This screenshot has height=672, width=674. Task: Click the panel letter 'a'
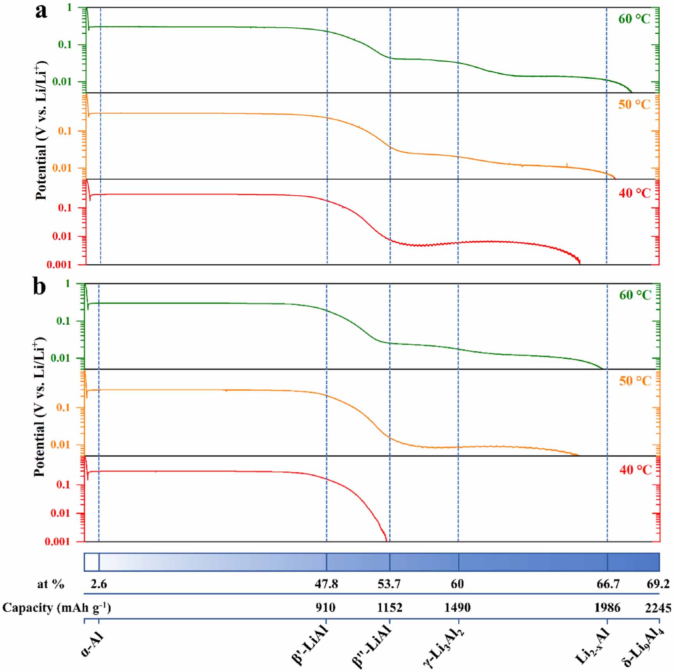coord(41,12)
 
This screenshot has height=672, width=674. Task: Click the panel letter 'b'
coord(39,287)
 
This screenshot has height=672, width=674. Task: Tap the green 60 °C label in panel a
coord(634,19)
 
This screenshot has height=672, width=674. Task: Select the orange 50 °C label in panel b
coord(635,381)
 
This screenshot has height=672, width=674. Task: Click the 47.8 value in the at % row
coord(326,584)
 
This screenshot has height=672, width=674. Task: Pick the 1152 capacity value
coord(390,608)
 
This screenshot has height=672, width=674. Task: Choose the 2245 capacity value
coord(658,608)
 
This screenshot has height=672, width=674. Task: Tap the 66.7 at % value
coord(608,584)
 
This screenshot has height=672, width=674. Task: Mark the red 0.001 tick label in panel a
coord(59,265)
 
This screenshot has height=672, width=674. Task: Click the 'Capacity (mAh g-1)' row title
coord(57,608)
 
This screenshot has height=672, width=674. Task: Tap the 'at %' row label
coord(50,584)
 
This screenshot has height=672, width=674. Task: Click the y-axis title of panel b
coord(39,406)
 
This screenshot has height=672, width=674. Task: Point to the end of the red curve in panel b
coord(386,540)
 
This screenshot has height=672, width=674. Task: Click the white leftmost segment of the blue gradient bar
coord(91,562)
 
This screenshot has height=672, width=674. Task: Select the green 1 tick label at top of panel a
coord(69,7)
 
